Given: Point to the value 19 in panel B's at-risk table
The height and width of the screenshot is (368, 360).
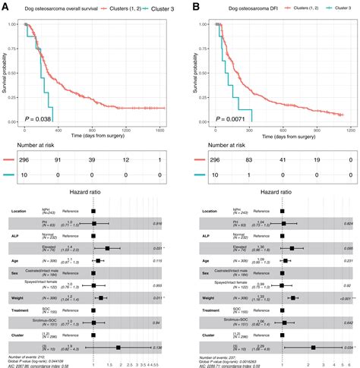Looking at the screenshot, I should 318,161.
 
